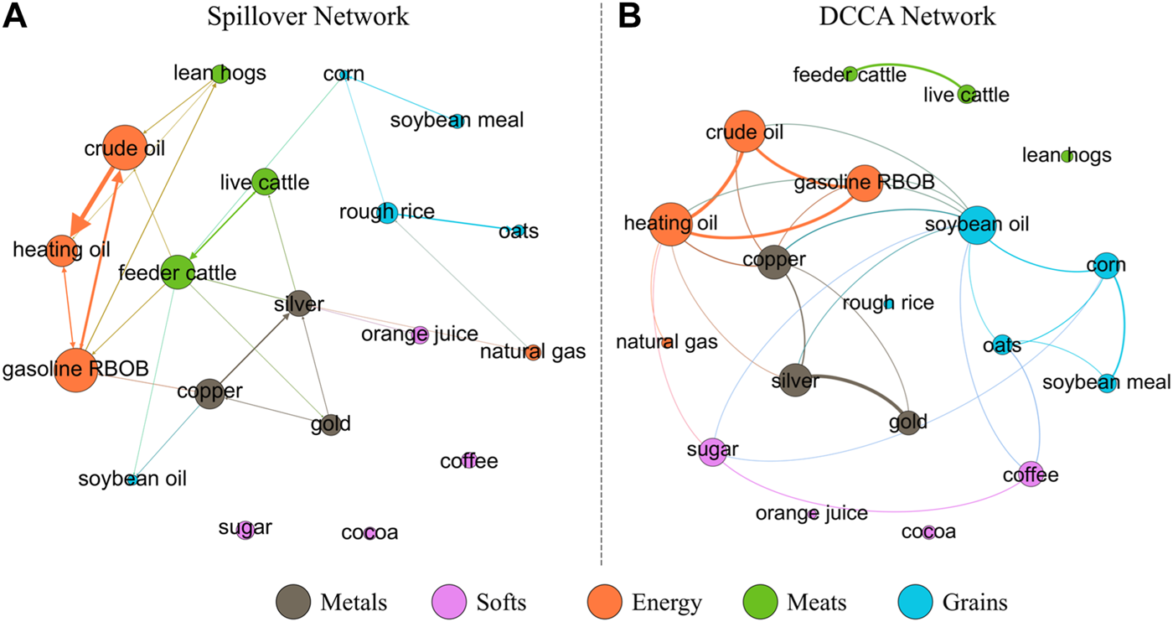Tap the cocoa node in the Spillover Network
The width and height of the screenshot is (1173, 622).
369,533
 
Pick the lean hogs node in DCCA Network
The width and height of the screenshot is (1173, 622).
1067,156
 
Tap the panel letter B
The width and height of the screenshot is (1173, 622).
629,18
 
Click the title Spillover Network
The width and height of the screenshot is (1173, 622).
308,17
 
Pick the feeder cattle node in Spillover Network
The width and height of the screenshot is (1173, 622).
178,272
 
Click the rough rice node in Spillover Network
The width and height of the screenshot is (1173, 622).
386,212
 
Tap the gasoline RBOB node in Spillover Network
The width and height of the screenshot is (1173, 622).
76,369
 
